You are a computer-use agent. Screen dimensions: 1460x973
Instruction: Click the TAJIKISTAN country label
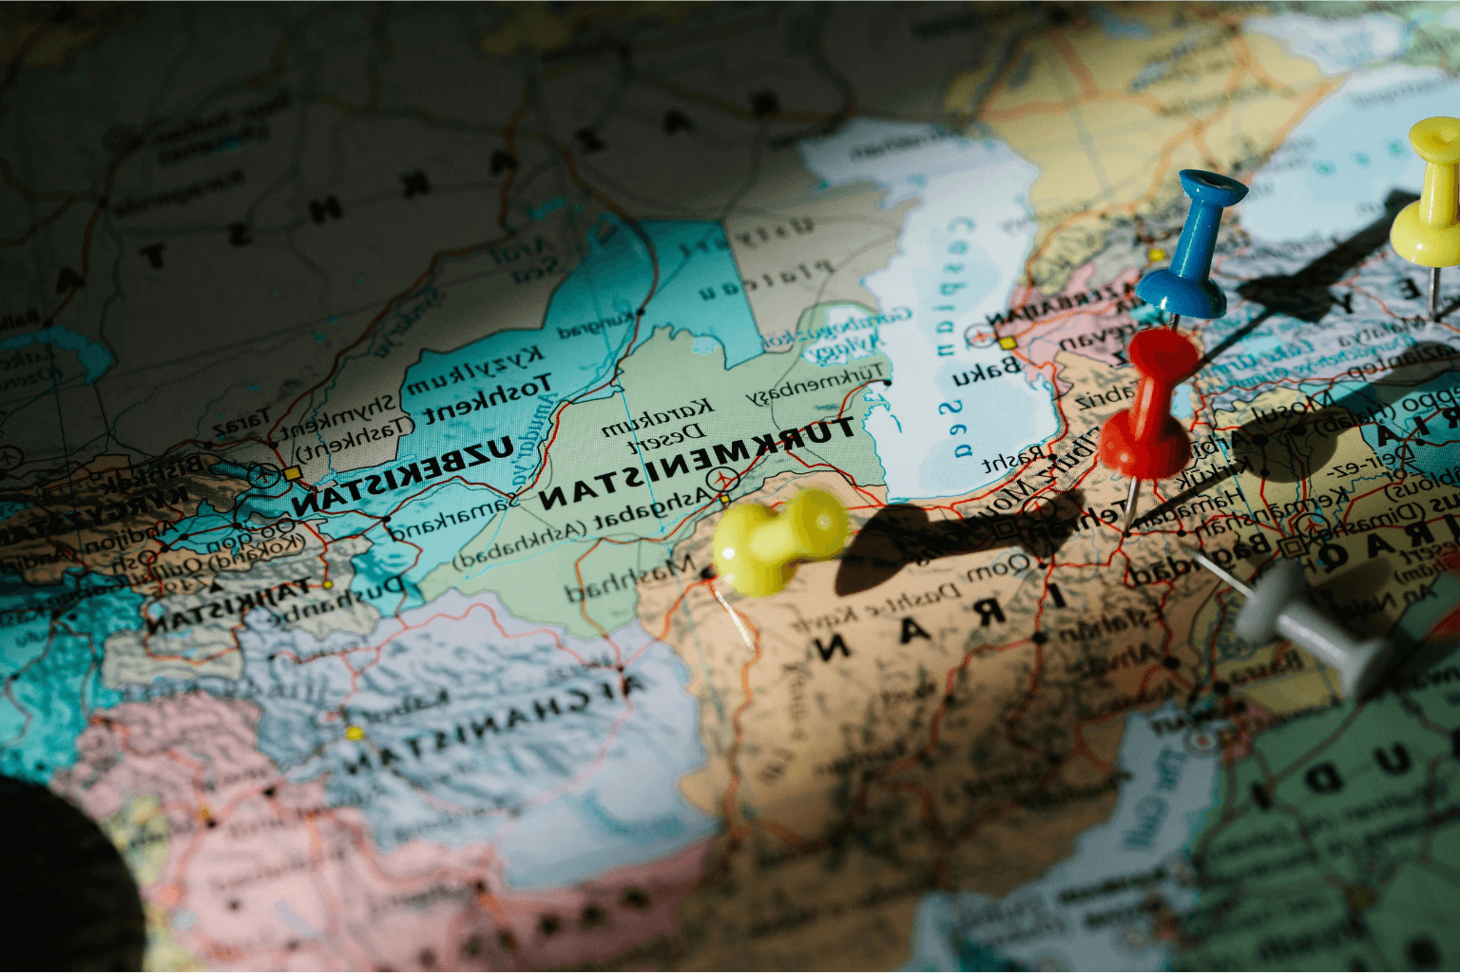pyautogui.click(x=228, y=605)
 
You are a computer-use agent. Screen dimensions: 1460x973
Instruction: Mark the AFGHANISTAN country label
pyautogui.click(x=494, y=727)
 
